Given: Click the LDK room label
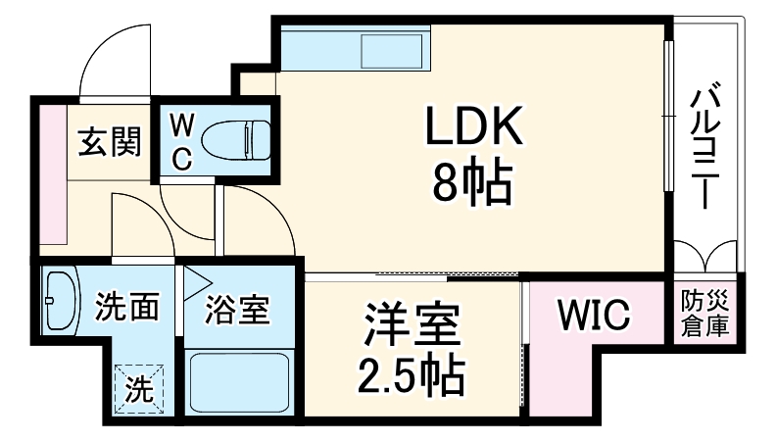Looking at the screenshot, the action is point(474,127).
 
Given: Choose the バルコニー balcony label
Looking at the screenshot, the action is point(703,147).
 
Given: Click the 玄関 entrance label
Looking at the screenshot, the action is point(109,142).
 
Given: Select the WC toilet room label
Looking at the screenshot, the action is point(183,141).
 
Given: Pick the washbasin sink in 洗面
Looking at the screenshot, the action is point(60,300).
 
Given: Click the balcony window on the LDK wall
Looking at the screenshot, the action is point(669,118).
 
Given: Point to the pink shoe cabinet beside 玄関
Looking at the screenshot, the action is point(52,172).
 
